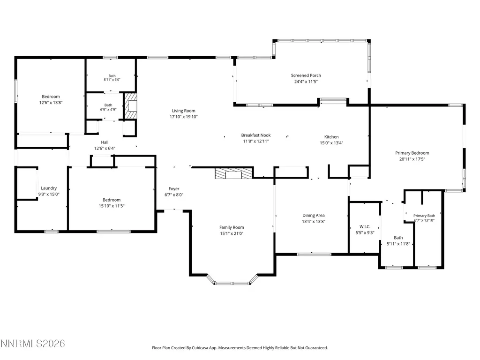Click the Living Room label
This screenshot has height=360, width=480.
click(x=183, y=111)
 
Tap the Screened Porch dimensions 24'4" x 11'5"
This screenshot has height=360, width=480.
click(x=306, y=82)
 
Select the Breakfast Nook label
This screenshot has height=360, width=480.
click(x=256, y=135)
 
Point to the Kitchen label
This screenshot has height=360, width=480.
click(x=331, y=137)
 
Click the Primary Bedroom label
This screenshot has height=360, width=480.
click(x=412, y=153)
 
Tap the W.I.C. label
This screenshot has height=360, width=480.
click(x=365, y=226)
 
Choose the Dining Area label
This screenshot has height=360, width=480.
click(x=314, y=216)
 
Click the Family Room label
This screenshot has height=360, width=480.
click(x=232, y=227)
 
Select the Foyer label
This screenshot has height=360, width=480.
click(x=174, y=189)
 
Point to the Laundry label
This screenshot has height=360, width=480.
click(x=49, y=188)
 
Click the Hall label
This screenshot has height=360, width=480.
click(x=105, y=142)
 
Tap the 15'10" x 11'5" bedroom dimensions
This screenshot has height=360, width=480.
click(x=112, y=206)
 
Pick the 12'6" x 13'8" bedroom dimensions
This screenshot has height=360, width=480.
click(x=51, y=103)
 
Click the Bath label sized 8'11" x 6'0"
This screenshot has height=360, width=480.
click(x=112, y=76)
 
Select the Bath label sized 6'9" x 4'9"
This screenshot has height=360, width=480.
click(x=108, y=105)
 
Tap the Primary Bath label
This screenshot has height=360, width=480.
click(x=424, y=216)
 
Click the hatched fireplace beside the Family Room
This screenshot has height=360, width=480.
click(x=234, y=173)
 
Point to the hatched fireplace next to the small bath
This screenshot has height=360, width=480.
click(x=130, y=106)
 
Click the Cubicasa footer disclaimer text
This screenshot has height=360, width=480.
click(x=240, y=348)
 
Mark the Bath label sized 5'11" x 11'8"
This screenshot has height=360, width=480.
click(x=398, y=238)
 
